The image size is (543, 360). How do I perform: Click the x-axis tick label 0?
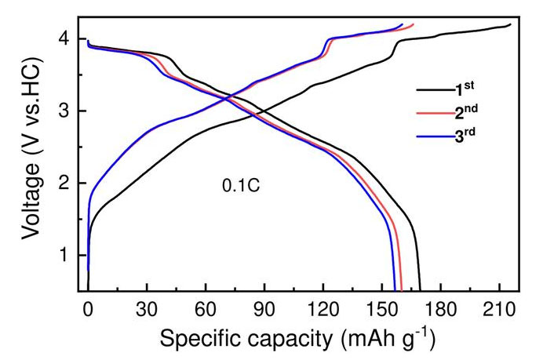(x=88, y=309)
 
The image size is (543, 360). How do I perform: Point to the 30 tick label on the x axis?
(x=146, y=309)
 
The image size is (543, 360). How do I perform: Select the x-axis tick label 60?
(x=205, y=309)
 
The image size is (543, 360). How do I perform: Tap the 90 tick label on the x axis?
(x=264, y=309)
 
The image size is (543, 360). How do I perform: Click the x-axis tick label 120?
(x=323, y=309)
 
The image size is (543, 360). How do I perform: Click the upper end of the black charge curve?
(x=510, y=25)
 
